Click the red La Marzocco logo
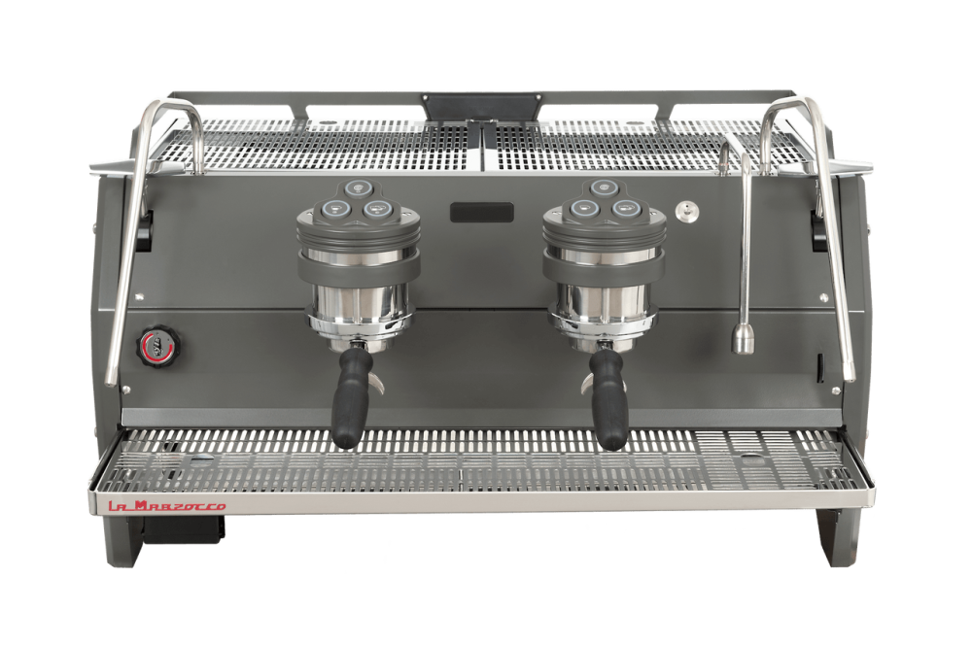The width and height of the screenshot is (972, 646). coord(167,506)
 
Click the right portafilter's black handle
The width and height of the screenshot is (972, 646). coord(607,396)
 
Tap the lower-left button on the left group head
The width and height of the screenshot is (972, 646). coord(334,208)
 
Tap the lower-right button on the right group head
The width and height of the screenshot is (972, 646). coord(624,208)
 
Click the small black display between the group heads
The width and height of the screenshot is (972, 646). coord(482,212)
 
